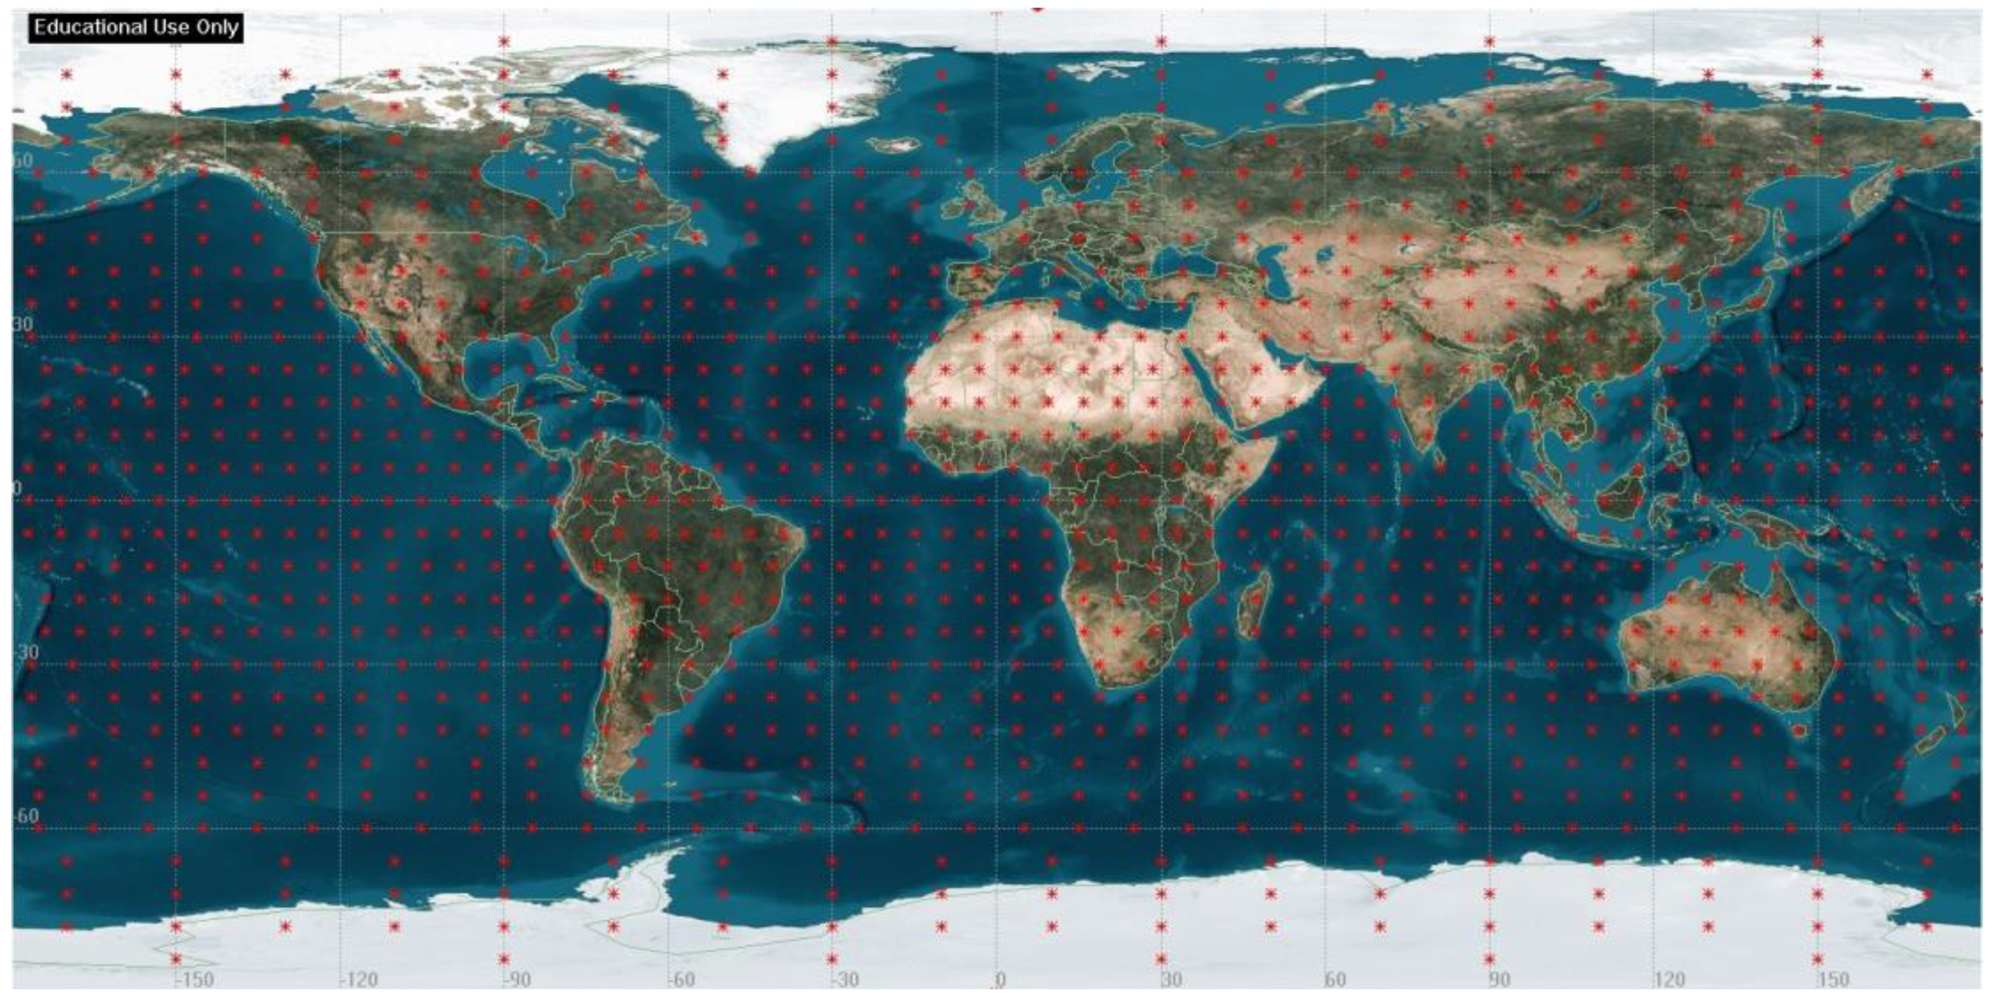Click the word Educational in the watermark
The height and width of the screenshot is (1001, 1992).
click(84, 28)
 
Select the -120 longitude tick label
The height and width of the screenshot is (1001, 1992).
click(359, 980)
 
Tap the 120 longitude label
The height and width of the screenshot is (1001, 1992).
click(1669, 980)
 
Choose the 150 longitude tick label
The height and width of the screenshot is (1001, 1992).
click(1833, 980)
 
